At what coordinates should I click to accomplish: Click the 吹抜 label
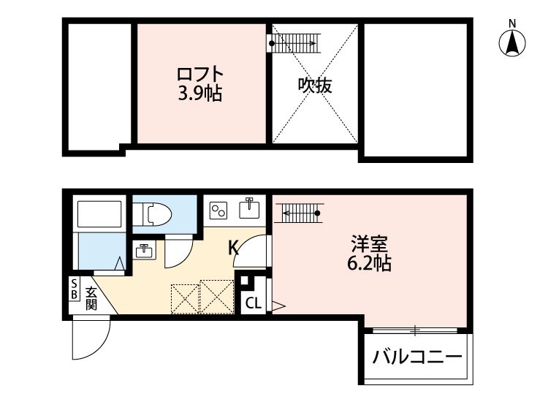point(315,86)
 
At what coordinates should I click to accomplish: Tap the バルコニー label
point(416,358)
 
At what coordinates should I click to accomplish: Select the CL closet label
point(253,303)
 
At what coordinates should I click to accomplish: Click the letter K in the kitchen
point(233,248)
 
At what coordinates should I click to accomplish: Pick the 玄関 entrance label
point(91,298)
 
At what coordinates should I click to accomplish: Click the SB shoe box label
point(74,289)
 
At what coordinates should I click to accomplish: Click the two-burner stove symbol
point(218,210)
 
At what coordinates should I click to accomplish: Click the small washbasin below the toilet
point(144,251)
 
